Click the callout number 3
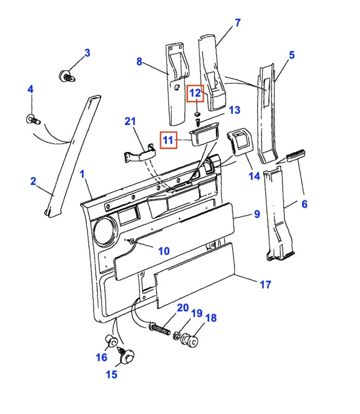tap(87, 53)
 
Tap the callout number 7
tap(238, 22)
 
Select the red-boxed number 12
tap(195, 94)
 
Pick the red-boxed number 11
tap(168, 139)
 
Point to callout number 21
tap(130, 122)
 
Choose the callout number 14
tap(254, 177)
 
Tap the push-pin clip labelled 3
tap(66, 76)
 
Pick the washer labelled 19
tap(178, 336)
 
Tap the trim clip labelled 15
tap(126, 357)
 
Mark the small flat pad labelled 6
tap(295, 156)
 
